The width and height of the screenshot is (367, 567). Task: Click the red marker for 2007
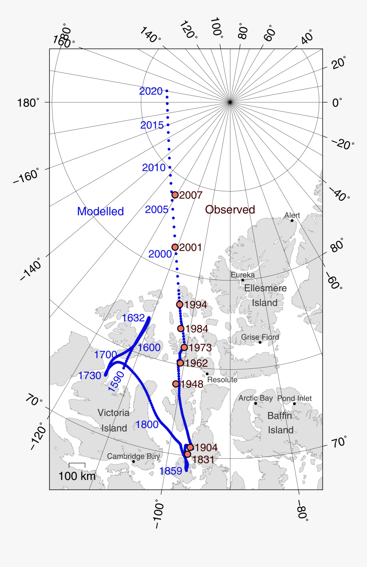click(x=175, y=195)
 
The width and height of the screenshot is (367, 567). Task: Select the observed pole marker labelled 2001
click(x=175, y=247)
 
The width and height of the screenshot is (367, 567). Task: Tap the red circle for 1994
click(x=180, y=304)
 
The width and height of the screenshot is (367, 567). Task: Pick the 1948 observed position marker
click(x=176, y=384)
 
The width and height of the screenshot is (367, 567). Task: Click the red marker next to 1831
click(x=187, y=454)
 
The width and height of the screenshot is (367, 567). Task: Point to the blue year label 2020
click(x=151, y=91)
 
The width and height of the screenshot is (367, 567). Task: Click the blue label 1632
click(x=134, y=318)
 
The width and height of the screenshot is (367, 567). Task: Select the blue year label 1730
click(x=90, y=376)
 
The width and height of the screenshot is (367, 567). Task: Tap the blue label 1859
click(x=171, y=471)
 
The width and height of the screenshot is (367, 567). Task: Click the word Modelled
click(x=100, y=211)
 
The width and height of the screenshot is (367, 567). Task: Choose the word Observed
click(x=230, y=210)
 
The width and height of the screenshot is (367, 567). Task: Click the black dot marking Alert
click(x=292, y=221)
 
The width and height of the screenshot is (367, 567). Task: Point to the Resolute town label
click(x=222, y=380)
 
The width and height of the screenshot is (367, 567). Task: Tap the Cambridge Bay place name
click(x=133, y=456)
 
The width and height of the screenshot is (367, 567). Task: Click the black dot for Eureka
click(x=243, y=281)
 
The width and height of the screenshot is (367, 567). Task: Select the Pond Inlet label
click(x=294, y=398)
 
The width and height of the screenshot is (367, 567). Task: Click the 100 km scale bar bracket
click(x=77, y=465)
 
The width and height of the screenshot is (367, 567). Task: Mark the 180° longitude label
click(x=29, y=103)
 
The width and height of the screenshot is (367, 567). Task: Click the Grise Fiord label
click(x=260, y=337)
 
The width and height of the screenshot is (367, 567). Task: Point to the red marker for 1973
click(x=184, y=348)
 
